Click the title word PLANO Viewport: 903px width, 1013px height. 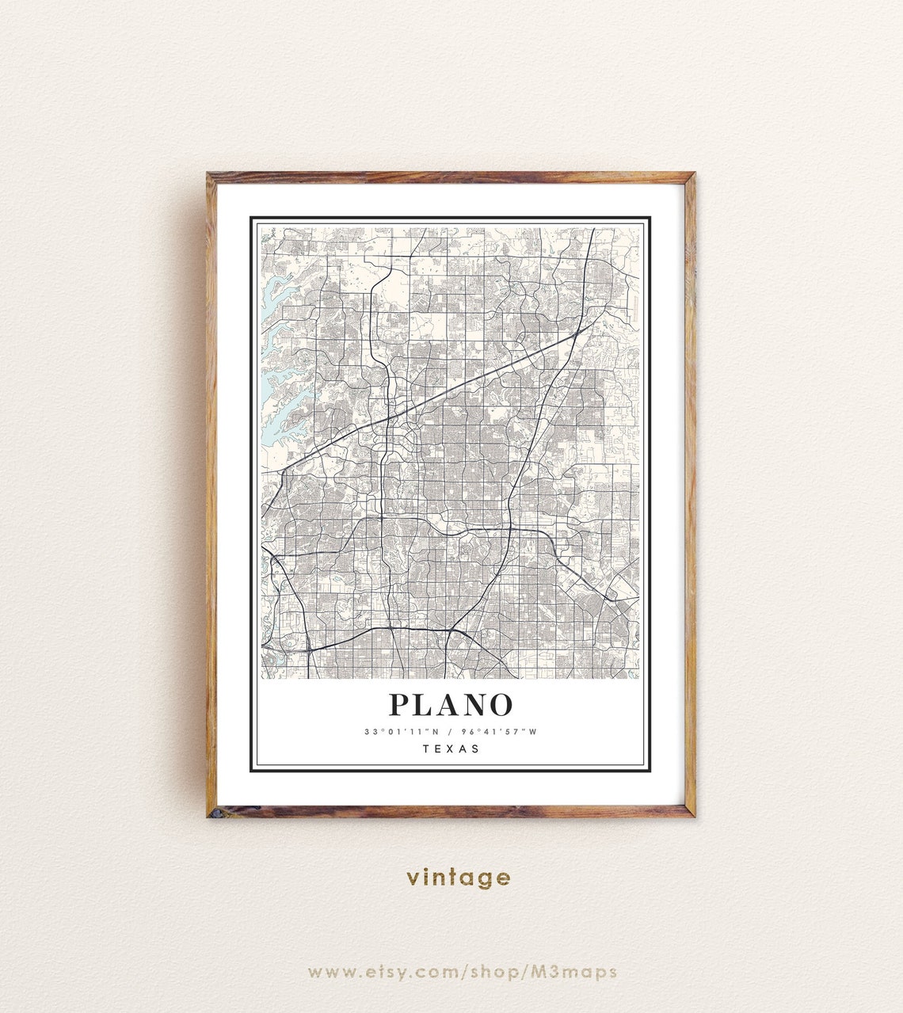(x=451, y=705)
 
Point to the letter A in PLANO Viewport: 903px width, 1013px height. (x=449, y=705)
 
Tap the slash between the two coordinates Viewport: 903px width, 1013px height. (x=450, y=732)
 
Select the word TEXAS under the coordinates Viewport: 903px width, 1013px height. (x=451, y=748)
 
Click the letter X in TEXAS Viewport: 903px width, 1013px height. (x=451, y=748)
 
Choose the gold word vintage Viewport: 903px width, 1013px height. (x=459, y=878)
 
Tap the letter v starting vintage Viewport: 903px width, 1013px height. (x=413, y=878)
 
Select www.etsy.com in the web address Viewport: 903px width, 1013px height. (x=382, y=972)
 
